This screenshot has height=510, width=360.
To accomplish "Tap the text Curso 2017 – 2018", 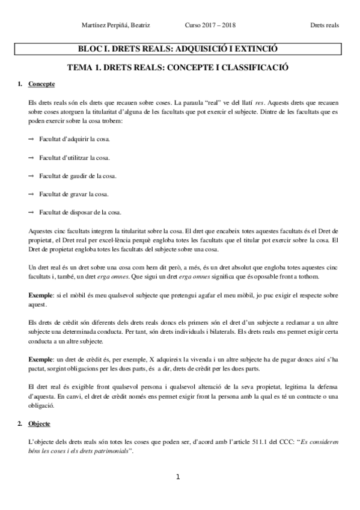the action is (210, 25).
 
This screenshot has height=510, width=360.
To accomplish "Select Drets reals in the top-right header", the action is (325, 25).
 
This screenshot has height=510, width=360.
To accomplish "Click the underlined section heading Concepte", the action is (41, 84).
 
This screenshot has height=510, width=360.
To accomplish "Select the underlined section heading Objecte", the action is (40, 423).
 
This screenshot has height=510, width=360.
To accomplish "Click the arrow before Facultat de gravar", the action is (31, 194).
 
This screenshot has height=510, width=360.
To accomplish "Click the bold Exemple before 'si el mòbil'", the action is (41, 297).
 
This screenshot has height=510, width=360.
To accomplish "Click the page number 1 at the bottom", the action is (178, 478).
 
